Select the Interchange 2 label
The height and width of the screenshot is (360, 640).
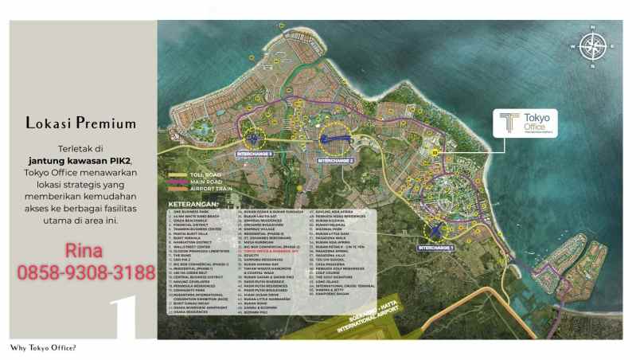[335, 160]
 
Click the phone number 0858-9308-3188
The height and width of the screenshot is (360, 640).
[86, 273]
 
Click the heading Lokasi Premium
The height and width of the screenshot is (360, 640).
[81, 123]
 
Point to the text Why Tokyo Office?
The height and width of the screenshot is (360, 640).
[43, 348]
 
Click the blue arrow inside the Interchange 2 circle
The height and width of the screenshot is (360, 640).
[335, 142]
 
